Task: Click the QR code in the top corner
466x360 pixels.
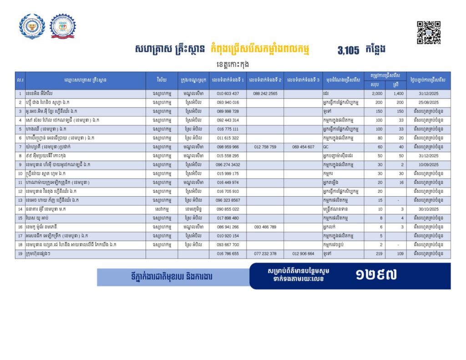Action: click(x=429, y=32)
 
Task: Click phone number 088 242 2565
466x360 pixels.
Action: click(x=265, y=93)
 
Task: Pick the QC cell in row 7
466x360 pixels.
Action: click(x=326, y=147)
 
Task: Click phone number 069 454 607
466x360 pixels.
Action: click(x=304, y=147)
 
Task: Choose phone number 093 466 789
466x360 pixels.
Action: click(x=265, y=227)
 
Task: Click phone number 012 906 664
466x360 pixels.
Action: click(x=304, y=254)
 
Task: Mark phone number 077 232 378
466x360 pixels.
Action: click(x=265, y=254)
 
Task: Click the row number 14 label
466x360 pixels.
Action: click(x=20, y=209)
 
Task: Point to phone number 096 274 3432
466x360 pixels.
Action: click(x=228, y=164)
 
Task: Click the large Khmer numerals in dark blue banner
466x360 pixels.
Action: click(x=376, y=274)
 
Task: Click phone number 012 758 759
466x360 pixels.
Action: click(x=265, y=147)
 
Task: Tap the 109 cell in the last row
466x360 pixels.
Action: click(x=400, y=254)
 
